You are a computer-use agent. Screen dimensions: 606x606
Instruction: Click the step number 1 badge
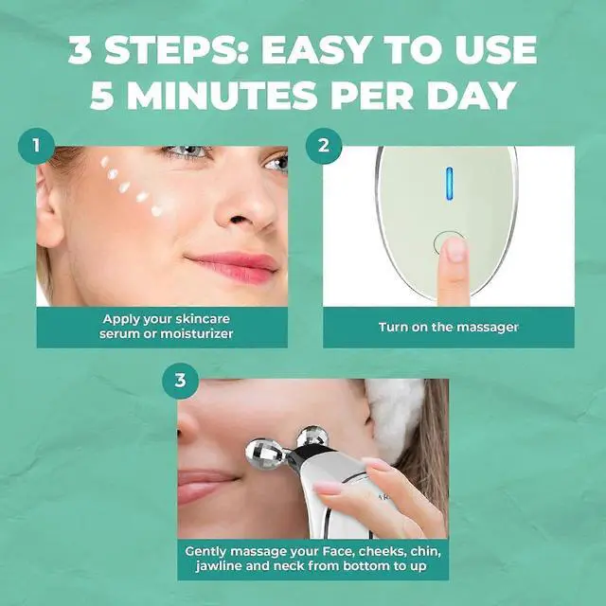pyautogui.click(x=37, y=146)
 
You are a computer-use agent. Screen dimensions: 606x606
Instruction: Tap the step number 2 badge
pyautogui.click(x=323, y=146)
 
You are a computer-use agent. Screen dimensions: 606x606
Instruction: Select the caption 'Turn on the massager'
pyautogui.click(x=448, y=327)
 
